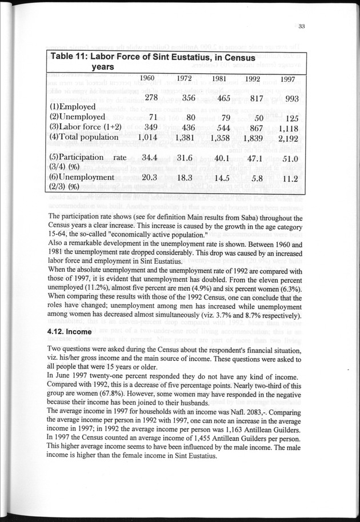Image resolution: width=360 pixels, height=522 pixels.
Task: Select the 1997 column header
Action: point(289,79)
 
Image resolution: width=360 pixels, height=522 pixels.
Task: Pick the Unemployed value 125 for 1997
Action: point(291,118)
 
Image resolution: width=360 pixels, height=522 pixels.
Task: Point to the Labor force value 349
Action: point(150,127)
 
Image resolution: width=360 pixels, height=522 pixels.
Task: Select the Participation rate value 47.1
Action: point(252,158)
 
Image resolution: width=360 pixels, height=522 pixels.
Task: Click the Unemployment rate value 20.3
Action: point(150,178)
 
